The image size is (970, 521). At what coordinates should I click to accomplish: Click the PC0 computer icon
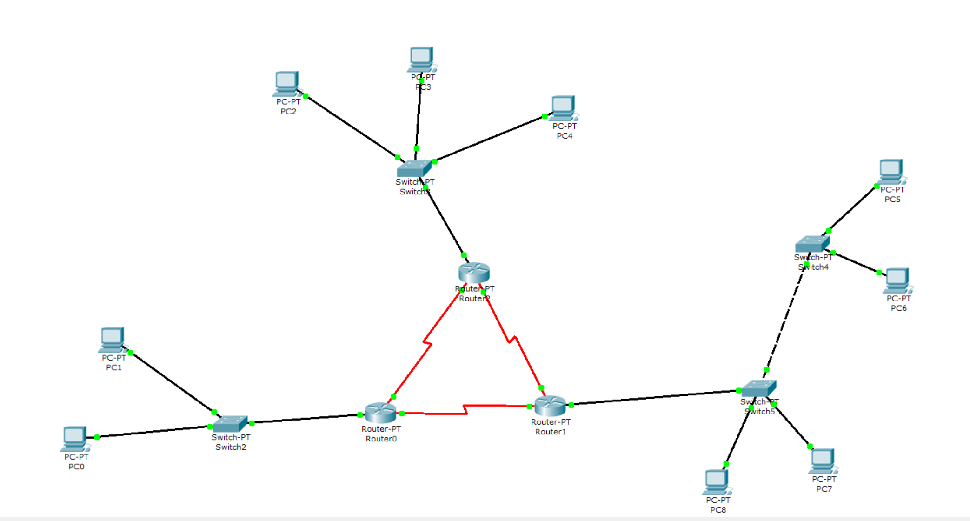pos(74,438)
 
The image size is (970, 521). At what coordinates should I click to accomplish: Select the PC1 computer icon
pos(112,339)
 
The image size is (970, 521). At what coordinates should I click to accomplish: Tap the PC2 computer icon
pos(286,83)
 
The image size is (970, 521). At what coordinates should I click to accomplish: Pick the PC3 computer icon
pos(422,59)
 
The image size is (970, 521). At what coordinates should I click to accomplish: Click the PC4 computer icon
pos(563,107)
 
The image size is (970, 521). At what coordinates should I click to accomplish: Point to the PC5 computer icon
pos(891,171)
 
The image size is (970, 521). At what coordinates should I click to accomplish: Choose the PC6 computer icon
pos(897,280)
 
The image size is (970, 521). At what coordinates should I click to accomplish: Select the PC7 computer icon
pos(823,461)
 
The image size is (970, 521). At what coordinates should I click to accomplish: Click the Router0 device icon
pos(380,413)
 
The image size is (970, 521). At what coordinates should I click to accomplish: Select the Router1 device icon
pos(550,406)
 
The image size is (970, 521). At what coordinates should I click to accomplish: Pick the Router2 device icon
pos(474,273)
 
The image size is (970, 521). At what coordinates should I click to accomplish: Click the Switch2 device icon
pos(230,423)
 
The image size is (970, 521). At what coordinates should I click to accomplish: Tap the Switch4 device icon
pos(812,244)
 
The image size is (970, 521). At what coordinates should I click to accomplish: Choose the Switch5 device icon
pos(758,388)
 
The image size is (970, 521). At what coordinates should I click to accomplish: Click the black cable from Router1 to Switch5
pos(651,398)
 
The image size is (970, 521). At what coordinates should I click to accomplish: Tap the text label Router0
pos(381,439)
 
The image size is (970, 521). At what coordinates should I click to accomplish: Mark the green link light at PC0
pos(97,437)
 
